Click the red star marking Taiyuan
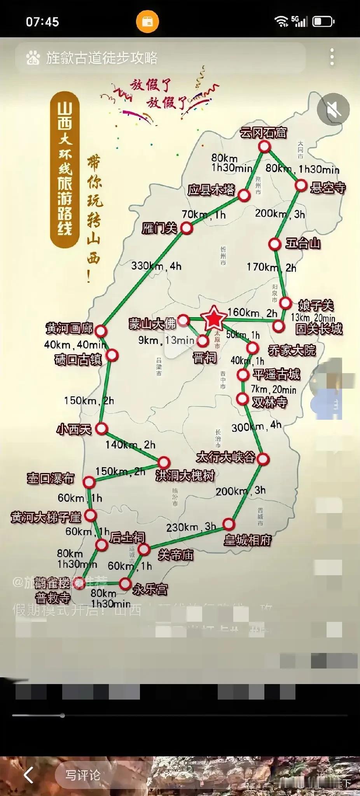click(213, 318)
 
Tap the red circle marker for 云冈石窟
click(264, 147)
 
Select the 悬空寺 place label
click(328, 188)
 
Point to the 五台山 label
click(303, 244)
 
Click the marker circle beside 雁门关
click(187, 228)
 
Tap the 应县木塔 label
click(211, 190)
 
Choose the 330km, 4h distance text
click(156, 266)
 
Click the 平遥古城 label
click(276, 374)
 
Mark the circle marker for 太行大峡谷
click(263, 459)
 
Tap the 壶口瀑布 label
click(50, 478)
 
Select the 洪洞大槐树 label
click(185, 475)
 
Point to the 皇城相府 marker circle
click(229, 524)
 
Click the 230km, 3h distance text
click(191, 527)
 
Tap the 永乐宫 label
click(150, 589)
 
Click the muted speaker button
click(333, 110)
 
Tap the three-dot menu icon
click(332, 57)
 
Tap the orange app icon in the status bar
click(147, 21)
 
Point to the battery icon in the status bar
click(323, 21)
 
